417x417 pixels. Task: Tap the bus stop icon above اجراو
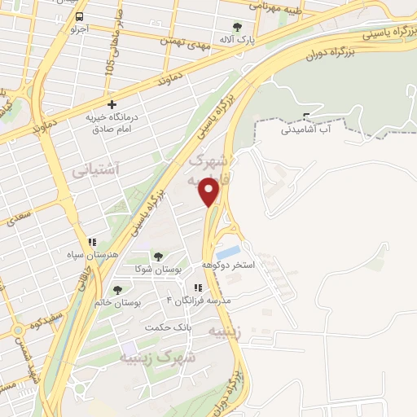78,16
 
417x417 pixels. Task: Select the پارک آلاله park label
237,38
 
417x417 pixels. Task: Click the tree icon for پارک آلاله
237,26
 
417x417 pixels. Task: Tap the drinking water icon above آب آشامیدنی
306,116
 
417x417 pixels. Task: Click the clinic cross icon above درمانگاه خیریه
112,104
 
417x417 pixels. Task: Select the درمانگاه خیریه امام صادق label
112,123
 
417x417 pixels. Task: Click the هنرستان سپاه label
94,254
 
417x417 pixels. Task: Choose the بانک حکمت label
168,327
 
